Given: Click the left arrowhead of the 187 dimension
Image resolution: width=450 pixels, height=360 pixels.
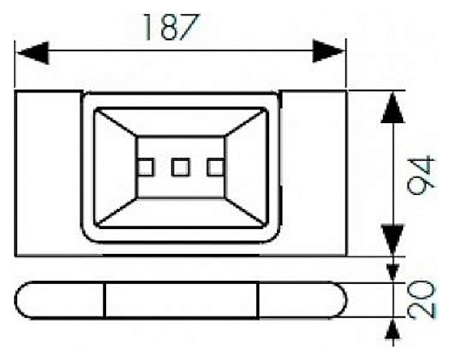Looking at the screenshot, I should [32, 51].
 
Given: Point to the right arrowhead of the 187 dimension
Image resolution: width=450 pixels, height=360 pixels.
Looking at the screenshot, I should [328, 51].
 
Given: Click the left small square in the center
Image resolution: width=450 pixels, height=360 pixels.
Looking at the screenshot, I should [145, 167].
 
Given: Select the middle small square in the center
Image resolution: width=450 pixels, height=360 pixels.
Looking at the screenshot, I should [180, 167].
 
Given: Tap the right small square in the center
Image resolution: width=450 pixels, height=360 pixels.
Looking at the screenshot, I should [215, 167].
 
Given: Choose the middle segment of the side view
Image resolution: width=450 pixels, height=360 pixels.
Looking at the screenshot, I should [181, 300].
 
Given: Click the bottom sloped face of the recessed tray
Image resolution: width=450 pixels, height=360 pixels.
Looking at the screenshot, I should [181, 213].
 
